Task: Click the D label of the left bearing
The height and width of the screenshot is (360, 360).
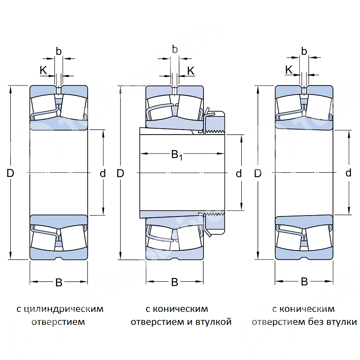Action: click(x=10, y=173)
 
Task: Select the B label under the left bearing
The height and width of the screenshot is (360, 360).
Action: click(x=58, y=283)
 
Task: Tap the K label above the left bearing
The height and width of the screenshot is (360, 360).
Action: click(x=43, y=70)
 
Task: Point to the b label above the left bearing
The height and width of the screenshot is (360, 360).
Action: click(x=58, y=51)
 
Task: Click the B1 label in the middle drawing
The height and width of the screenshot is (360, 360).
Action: click(x=176, y=155)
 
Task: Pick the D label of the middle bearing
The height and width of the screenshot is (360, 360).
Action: click(x=120, y=173)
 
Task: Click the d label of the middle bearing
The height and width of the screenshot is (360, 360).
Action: click(x=238, y=173)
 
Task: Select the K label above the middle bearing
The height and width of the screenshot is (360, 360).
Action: click(x=191, y=70)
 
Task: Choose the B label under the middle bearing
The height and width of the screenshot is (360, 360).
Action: click(x=175, y=283)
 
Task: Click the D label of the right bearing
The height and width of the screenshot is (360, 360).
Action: click(x=257, y=173)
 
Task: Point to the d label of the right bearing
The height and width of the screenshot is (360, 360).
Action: click(x=348, y=173)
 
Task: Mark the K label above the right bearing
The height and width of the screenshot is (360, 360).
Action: click(x=289, y=70)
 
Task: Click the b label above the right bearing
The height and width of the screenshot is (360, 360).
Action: click(x=304, y=51)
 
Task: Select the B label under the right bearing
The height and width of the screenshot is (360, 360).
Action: click(x=304, y=282)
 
